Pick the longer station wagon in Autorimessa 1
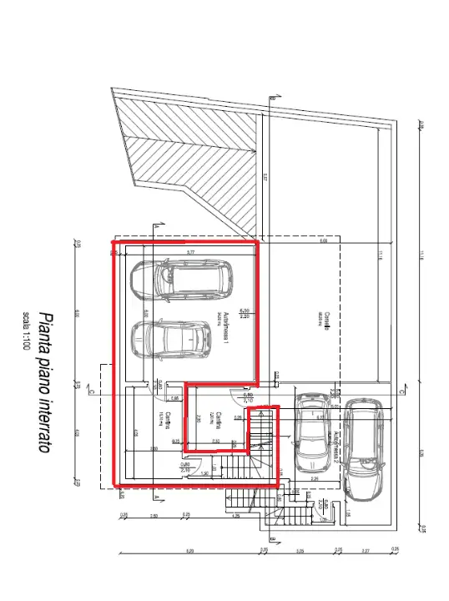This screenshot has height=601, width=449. pos(179,279)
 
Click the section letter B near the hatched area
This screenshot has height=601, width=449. pos(272,99)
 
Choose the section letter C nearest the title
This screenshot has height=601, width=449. pos(89,391)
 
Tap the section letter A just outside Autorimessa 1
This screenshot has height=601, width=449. pos(156,226)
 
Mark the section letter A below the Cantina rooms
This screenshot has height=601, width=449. pos(157,496)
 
